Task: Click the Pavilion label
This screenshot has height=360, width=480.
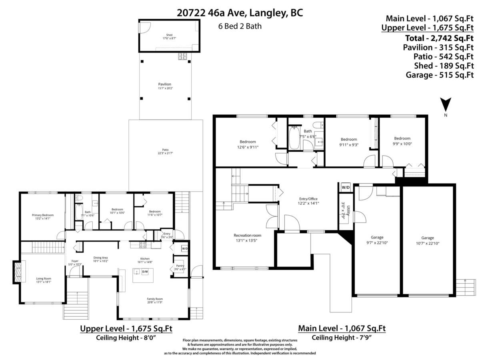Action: pyautogui.click(x=164, y=84)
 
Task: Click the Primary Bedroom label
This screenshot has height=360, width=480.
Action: pyautogui.click(x=42, y=215)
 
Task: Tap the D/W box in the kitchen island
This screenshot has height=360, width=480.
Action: pyautogui.click(x=145, y=272)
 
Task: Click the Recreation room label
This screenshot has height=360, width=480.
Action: pyautogui.click(x=247, y=235)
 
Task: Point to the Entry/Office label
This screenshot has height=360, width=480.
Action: pyautogui.click(x=308, y=199)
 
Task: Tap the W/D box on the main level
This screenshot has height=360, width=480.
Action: pyautogui.click(x=345, y=187)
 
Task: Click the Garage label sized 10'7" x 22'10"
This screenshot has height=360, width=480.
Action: pyautogui.click(x=427, y=238)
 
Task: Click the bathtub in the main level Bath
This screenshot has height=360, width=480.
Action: pyautogui.click(x=294, y=138)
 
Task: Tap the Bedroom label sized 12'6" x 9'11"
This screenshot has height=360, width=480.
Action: pyautogui.click(x=248, y=142)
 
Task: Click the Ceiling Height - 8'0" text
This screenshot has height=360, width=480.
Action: pyautogui.click(x=126, y=338)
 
